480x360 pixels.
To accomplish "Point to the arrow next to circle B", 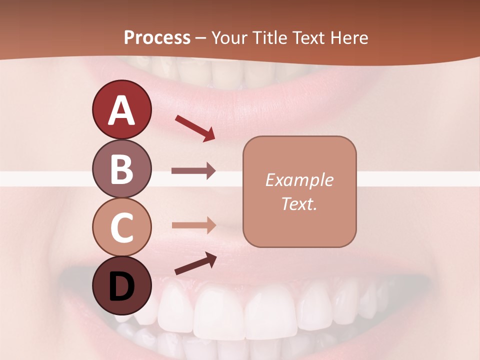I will pos(193,170).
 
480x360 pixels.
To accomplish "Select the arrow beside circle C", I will pos(193,225).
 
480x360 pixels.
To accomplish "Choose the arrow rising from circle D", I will pos(195,263).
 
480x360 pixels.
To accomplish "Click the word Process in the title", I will pos(157,37).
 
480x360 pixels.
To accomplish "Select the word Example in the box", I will pos(299,180).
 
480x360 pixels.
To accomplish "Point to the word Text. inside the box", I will pos(299,203).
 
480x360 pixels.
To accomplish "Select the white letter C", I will pos(121,228).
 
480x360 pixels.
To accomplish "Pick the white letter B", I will pos(121,169).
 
